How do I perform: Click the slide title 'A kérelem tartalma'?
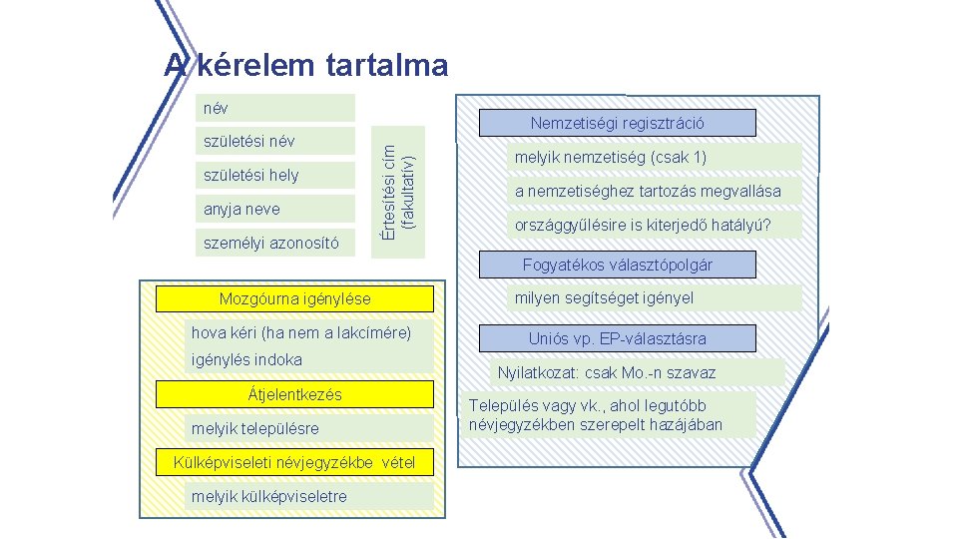tap(307, 66)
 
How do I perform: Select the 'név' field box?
tap(275, 107)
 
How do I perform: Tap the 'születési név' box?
tap(275, 141)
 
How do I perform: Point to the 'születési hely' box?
tap(275, 175)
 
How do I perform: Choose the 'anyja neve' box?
tap(275, 209)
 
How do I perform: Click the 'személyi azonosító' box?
tap(275, 243)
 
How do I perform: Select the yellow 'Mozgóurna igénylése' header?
tap(295, 298)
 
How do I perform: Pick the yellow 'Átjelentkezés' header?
tap(295, 394)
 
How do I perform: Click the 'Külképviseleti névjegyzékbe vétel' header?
tap(295, 462)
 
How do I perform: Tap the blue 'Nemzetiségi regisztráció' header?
tap(618, 123)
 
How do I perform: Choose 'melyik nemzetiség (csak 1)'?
tap(654, 158)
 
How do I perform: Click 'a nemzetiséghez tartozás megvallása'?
tap(654, 191)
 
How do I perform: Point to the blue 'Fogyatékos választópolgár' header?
tap(618, 265)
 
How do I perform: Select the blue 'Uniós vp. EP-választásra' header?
tap(618, 338)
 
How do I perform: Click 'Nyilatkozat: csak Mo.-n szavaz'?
tap(639, 373)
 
